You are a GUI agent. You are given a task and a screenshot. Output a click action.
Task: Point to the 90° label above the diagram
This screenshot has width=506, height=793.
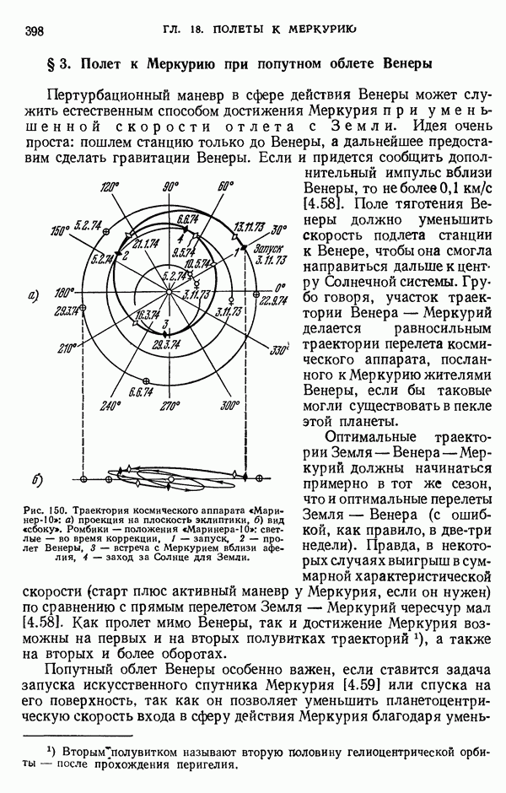(171, 186)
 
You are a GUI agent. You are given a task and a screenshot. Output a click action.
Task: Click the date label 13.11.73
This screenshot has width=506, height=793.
(249, 225)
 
